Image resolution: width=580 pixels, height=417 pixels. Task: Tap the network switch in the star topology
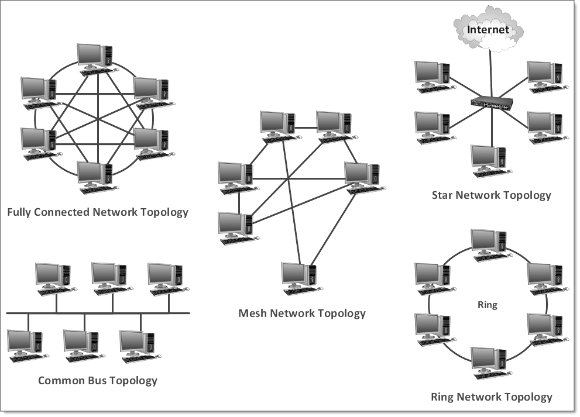[x=492, y=104]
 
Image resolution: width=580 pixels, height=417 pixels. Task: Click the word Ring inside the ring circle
[x=487, y=305]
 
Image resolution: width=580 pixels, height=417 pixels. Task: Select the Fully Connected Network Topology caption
[x=98, y=212]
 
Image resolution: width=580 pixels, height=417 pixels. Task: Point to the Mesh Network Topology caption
[x=302, y=313]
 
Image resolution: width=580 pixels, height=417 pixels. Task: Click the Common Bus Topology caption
[x=98, y=381]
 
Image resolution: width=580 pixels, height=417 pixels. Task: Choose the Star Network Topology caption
[x=491, y=195]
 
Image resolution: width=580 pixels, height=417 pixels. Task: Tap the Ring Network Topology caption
[x=491, y=397]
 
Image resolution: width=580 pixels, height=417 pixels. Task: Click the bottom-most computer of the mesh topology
[x=300, y=278]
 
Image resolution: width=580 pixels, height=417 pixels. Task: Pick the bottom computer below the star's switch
[x=490, y=160]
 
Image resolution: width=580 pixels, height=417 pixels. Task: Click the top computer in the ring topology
[x=490, y=244]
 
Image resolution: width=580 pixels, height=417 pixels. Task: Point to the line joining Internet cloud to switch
[x=491, y=73]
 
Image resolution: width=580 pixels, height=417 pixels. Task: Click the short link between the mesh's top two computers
[x=305, y=127]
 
